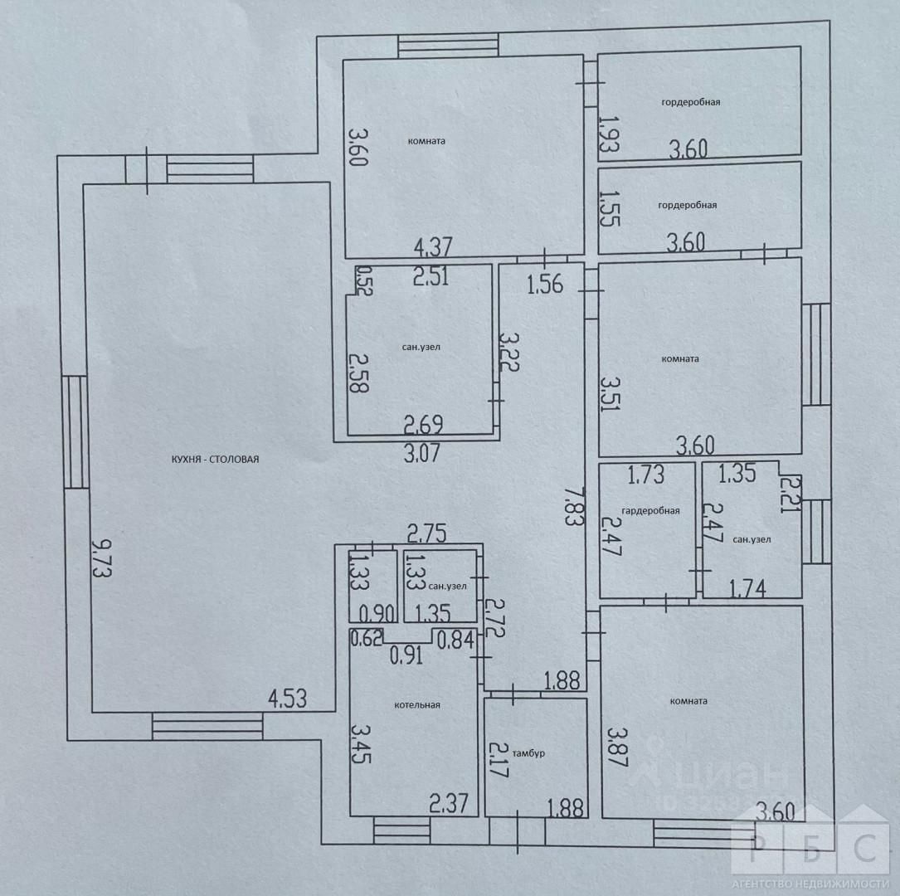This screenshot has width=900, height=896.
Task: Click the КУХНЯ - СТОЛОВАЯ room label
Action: (x=216, y=459)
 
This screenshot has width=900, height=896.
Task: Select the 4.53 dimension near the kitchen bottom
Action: (x=287, y=698)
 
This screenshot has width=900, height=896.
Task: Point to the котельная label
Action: (x=416, y=705)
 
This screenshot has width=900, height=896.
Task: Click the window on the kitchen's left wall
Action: (x=75, y=431)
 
